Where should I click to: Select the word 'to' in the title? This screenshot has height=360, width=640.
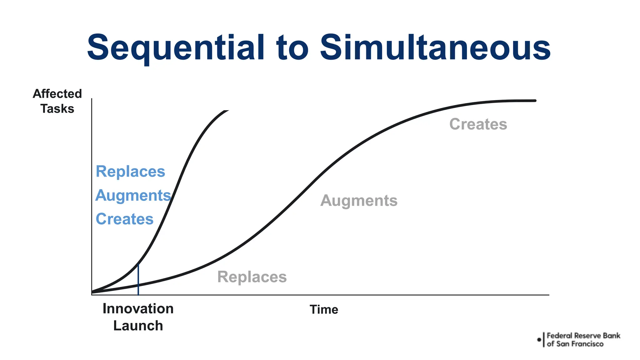pos(292,48)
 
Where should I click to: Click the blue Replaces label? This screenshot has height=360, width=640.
pos(130,172)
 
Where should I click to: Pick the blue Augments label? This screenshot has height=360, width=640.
pos(133,195)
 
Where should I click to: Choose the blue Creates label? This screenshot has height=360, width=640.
pos(124,219)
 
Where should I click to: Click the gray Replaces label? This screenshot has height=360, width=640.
pos(252,277)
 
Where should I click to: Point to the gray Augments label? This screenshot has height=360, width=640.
pos(359,201)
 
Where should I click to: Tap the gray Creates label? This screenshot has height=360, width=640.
pos(478,124)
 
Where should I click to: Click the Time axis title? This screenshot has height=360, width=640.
pos(324,310)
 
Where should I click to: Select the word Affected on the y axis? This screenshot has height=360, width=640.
pos(57,94)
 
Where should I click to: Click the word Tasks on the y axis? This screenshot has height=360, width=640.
pos(57,109)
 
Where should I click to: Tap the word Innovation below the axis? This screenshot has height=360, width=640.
pos(138,309)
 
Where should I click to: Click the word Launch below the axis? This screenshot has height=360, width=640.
pos(138,326)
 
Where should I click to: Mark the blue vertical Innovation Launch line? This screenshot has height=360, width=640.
pos(138,281)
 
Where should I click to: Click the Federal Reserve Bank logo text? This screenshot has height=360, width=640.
pos(583,340)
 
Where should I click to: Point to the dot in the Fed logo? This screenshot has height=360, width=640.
pos(539,340)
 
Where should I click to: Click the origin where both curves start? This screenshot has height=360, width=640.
pos(92,293)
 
